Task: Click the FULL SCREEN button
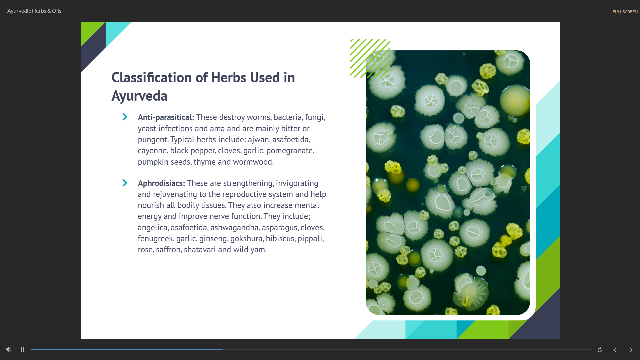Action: click(x=625, y=12)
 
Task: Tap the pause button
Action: click(x=22, y=350)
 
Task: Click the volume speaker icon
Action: click(x=8, y=349)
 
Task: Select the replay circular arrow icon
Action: click(x=600, y=350)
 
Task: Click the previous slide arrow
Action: click(x=615, y=350)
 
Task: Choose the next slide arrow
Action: click(x=631, y=350)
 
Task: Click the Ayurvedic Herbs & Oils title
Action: click(x=34, y=11)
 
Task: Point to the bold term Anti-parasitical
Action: click(x=166, y=117)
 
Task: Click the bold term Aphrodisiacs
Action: click(x=161, y=183)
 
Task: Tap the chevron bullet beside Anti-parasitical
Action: click(x=125, y=117)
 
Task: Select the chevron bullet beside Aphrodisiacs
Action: click(x=125, y=183)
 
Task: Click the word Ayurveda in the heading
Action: click(x=139, y=96)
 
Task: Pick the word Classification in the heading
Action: click(x=152, y=78)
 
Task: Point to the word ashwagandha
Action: click(x=234, y=228)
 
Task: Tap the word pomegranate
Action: click(x=290, y=151)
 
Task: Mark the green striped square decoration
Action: click(x=370, y=58)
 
